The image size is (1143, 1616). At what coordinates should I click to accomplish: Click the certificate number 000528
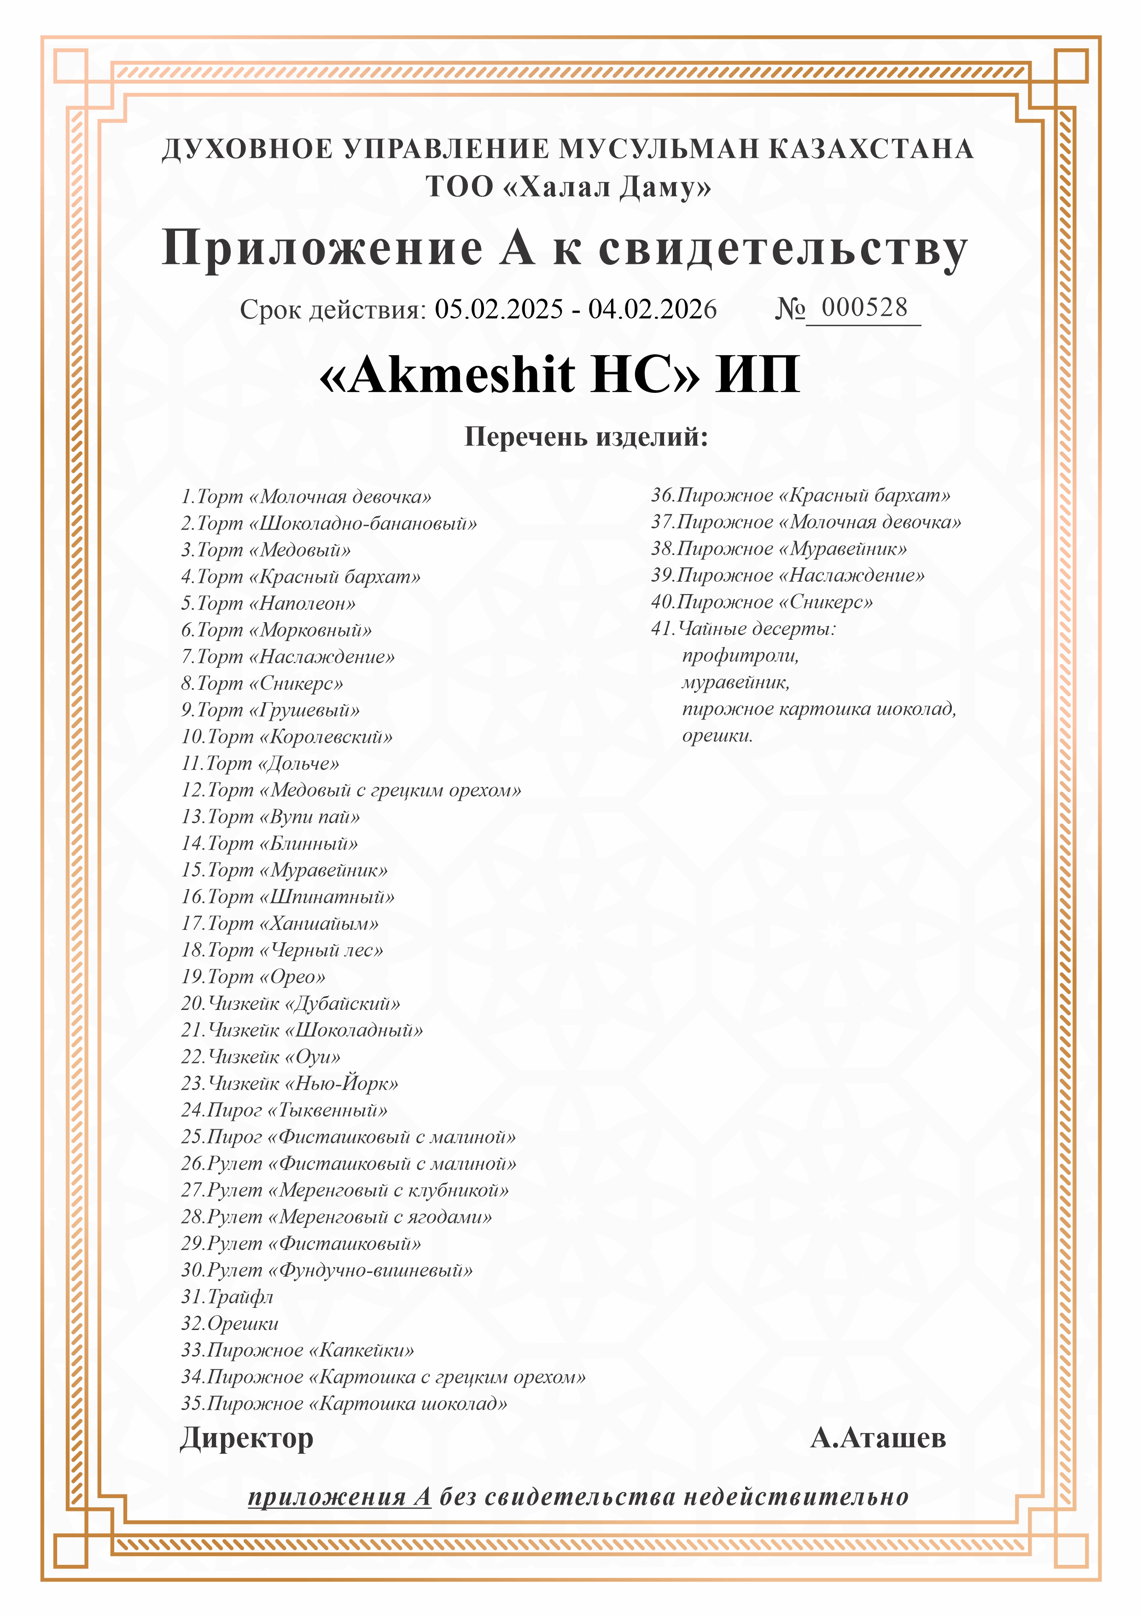click(864, 308)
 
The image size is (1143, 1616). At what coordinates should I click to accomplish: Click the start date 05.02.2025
click(499, 309)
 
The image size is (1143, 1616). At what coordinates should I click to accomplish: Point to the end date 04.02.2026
click(653, 309)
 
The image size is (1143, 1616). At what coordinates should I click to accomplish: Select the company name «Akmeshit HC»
click(510, 374)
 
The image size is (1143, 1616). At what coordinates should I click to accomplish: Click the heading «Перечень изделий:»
click(586, 437)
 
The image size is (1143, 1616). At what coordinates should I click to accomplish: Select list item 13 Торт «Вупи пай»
click(271, 817)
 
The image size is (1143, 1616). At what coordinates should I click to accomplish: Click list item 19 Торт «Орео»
click(253, 977)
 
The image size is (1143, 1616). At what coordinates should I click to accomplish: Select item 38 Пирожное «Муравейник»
click(779, 548)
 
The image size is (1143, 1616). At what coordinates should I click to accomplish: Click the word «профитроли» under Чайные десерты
click(741, 656)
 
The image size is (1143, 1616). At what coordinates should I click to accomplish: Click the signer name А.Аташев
click(878, 1438)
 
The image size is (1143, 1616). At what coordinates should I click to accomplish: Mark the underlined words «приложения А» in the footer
click(339, 1496)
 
